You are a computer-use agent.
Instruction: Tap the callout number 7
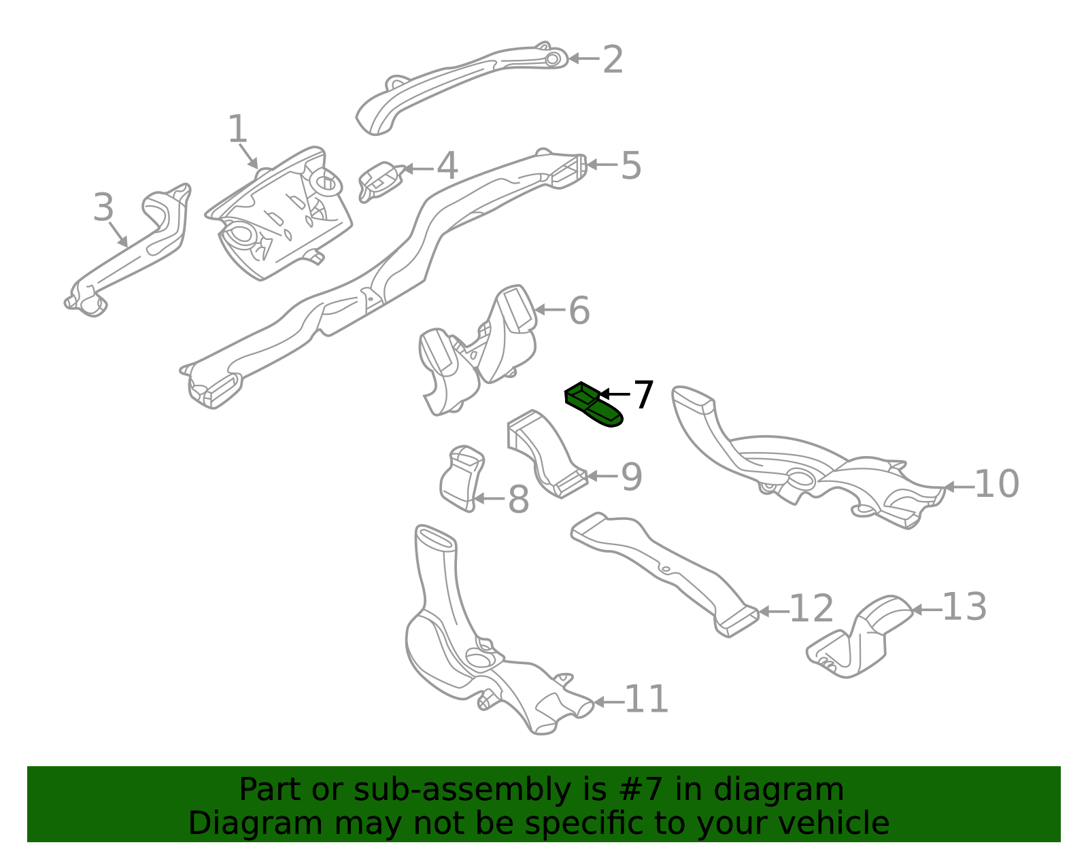point(643,395)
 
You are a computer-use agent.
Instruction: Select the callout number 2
point(613,60)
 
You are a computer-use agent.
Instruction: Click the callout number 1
point(237,129)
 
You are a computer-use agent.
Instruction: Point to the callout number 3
point(103,207)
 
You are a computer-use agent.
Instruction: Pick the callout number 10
point(996,485)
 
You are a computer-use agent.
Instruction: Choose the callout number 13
point(964,607)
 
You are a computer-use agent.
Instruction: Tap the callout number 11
point(646,699)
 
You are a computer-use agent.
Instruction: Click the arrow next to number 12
point(772,611)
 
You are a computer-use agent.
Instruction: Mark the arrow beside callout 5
point(601,164)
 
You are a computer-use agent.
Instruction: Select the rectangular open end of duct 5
point(568,171)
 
